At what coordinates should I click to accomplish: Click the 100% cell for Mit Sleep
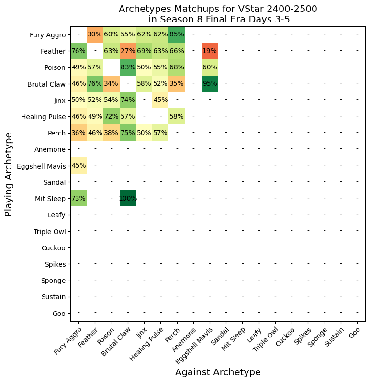[128, 198]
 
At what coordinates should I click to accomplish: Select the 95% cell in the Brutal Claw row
[210, 84]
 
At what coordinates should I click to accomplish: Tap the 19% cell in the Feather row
[210, 51]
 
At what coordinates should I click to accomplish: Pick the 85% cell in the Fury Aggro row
[177, 34]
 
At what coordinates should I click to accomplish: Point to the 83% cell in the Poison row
[128, 67]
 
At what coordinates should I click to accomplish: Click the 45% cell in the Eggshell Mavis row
[78, 166]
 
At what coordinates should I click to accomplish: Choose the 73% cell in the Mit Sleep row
[78, 198]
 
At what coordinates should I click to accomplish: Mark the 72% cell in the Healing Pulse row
[112, 116]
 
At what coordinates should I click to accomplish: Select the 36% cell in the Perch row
[78, 133]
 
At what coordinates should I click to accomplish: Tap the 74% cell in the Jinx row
[128, 100]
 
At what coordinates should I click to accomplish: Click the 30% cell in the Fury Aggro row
[95, 34]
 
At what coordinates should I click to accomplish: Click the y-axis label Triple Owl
[50, 231]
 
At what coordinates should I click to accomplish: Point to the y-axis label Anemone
[50, 149]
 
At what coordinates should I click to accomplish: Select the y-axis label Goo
[59, 313]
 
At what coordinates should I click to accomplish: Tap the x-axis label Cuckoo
[285, 337]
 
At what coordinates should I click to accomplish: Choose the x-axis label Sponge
[317, 337]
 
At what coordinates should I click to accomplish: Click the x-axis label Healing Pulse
[146, 344]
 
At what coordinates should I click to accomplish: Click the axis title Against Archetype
[218, 372]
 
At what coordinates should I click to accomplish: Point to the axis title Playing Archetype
[9, 174]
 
